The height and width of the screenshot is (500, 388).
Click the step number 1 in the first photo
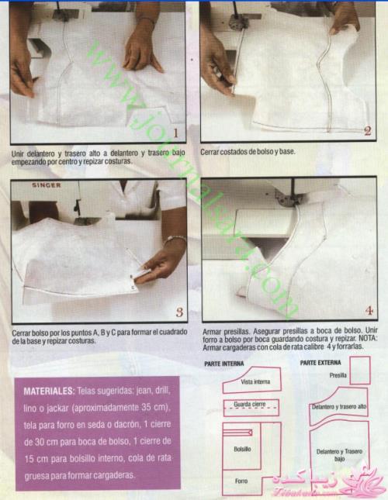175,133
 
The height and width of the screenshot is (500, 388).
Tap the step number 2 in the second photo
368,131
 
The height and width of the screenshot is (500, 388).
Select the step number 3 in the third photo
179,312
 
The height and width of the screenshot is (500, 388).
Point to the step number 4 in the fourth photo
369,311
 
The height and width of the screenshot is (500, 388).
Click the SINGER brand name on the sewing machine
46,185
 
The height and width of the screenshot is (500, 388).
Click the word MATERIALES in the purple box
49,391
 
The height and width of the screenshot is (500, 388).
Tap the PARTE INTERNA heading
224,364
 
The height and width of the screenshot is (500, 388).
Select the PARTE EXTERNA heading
320,363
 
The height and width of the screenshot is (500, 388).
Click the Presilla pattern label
338,375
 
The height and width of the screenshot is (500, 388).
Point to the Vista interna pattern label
255,381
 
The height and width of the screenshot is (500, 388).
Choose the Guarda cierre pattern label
250,405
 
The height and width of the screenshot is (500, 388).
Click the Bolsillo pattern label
242,450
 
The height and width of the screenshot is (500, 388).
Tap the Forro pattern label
241,481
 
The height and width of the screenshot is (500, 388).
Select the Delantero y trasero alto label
339,407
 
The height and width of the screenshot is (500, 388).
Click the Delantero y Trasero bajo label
339,455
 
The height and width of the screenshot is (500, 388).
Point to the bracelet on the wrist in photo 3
175,239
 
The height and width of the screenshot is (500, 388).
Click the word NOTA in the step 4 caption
368,338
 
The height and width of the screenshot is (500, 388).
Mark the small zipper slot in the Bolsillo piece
237,433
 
